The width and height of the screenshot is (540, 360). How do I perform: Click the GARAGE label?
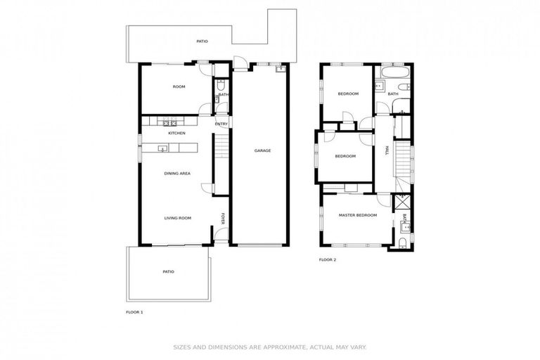(x=262, y=150)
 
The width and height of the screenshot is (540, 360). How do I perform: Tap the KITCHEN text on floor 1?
(x=176, y=133)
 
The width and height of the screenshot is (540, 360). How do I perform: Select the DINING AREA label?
(x=177, y=173)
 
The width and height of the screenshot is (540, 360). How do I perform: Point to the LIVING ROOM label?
(x=178, y=218)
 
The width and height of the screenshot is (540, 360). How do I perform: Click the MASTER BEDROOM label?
(x=357, y=215)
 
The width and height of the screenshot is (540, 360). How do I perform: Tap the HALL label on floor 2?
(x=386, y=150)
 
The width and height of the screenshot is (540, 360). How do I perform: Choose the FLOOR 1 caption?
(x=134, y=311)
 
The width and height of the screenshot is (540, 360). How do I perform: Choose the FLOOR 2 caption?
(x=328, y=260)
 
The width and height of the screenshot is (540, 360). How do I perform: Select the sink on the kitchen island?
(x=162, y=148)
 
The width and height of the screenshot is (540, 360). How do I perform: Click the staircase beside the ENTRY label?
(x=221, y=148)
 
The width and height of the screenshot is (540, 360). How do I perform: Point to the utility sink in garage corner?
(x=280, y=69)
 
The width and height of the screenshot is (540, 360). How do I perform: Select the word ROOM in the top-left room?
(x=179, y=86)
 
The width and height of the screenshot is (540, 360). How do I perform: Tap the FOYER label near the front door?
(x=224, y=217)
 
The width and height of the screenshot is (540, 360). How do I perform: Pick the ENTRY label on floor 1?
(x=221, y=124)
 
